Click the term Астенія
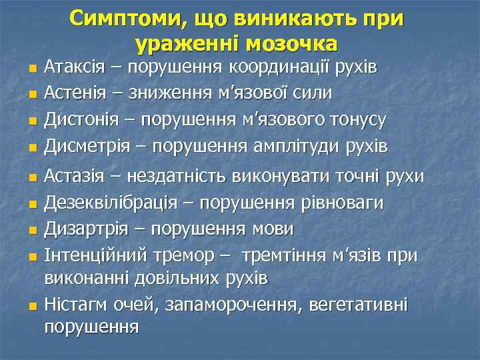coord(75,93)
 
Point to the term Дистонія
coord(81,119)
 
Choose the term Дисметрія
coord(85,145)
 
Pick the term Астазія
coord(75,177)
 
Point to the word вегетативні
coord(360,305)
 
